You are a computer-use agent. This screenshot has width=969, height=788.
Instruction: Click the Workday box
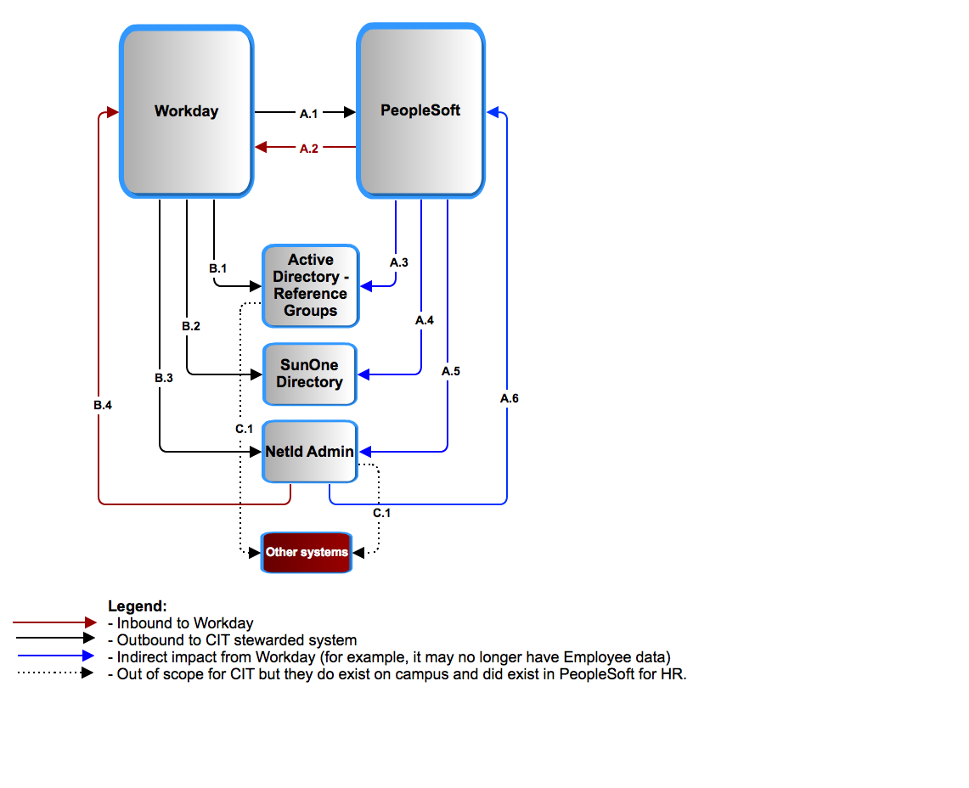(187, 111)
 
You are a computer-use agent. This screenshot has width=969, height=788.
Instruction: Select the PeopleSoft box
(421, 110)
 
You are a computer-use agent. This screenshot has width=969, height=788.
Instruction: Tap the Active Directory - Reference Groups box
(311, 285)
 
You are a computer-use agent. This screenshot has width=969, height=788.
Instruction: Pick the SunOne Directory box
(310, 374)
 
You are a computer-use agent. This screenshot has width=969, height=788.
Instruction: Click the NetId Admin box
(310, 452)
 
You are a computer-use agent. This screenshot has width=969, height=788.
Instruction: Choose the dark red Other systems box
(307, 552)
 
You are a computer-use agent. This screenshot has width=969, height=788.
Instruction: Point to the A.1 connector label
(308, 114)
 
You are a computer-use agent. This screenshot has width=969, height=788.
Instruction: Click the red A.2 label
(309, 149)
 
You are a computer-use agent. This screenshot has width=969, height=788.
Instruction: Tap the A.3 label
(398, 262)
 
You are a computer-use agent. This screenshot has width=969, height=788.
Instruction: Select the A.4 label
(424, 320)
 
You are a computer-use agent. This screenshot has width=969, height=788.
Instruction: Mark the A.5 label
(450, 371)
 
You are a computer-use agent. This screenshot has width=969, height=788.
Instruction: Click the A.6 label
(510, 398)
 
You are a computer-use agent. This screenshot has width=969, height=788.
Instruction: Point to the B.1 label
(217, 268)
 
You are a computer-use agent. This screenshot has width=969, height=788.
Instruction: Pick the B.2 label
(191, 326)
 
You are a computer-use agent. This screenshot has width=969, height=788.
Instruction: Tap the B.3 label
(164, 378)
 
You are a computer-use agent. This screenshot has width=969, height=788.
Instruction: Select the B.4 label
(103, 405)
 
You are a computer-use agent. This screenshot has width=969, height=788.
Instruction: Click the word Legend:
(138, 605)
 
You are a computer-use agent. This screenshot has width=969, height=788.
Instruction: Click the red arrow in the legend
(55, 622)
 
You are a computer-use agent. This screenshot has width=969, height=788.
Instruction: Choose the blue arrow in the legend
(56, 656)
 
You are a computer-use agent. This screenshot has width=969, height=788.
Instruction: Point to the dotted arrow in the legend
(56, 673)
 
